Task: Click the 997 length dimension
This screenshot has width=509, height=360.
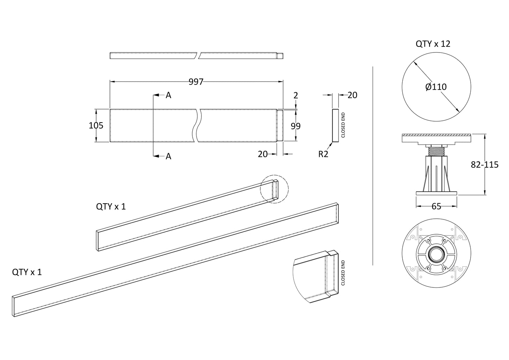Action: point(196,82)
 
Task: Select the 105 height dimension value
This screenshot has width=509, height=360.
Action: point(96,125)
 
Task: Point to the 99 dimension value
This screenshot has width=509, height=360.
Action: point(296,126)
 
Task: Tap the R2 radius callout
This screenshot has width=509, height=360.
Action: point(323,154)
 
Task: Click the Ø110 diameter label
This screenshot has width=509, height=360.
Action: point(436,87)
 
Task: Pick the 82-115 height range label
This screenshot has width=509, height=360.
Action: point(485,165)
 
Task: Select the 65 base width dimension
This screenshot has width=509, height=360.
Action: point(436,206)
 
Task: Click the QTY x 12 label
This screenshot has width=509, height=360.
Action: point(433,44)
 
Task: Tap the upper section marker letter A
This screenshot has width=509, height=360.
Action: point(168,95)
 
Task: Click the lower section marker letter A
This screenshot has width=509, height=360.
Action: point(168,156)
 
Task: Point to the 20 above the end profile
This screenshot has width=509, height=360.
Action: point(352,95)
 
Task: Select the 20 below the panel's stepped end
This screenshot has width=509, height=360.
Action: point(263,154)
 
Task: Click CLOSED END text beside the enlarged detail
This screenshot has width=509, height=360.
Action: point(343,273)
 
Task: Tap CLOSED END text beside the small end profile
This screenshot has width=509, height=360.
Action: point(343,125)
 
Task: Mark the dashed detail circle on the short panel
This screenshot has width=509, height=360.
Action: point(274,189)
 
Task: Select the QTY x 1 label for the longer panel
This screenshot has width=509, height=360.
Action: point(27,272)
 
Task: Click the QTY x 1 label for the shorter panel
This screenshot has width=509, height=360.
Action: point(111,206)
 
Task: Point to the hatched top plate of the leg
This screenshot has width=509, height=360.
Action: point(436,135)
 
